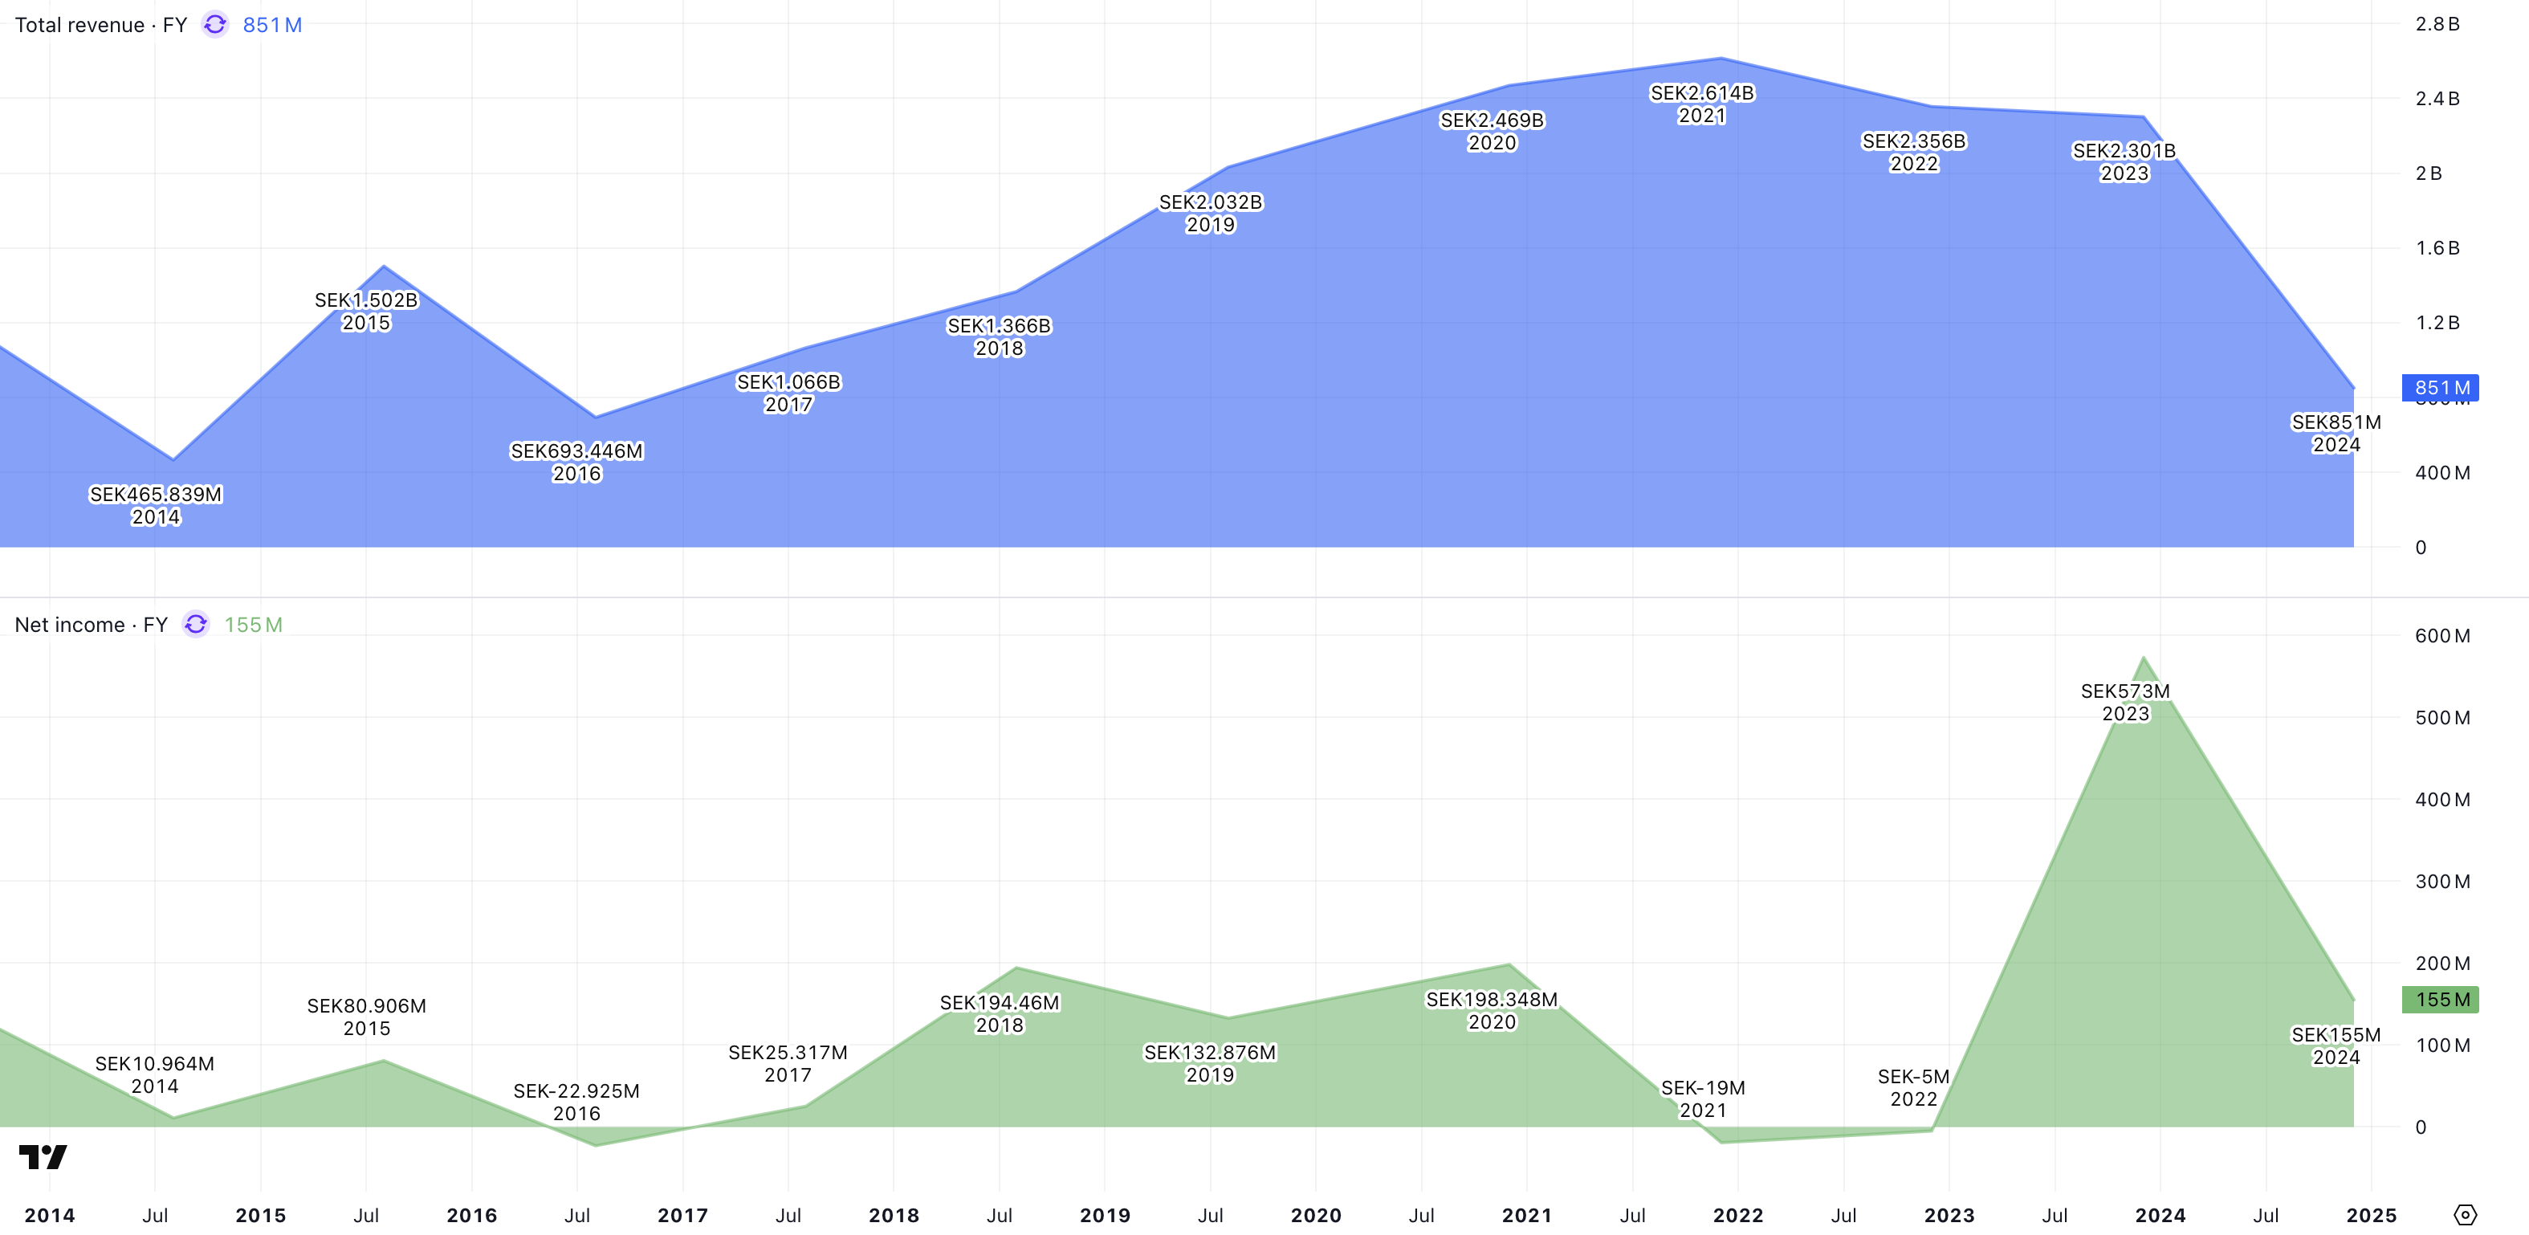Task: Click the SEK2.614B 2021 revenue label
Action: pyautogui.click(x=1701, y=104)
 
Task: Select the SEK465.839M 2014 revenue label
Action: pyautogui.click(x=155, y=506)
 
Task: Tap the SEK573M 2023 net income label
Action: pyautogui.click(x=2124, y=702)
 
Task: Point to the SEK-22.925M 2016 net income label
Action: pyautogui.click(x=576, y=1102)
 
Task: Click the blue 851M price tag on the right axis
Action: pyautogui.click(x=2441, y=388)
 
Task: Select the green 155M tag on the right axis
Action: pyautogui.click(x=2441, y=1000)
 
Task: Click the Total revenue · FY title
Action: pyautogui.click(x=100, y=25)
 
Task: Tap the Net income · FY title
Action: pyautogui.click(x=90, y=625)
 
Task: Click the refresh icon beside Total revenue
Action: pyautogui.click(x=215, y=25)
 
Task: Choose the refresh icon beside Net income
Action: pyautogui.click(x=197, y=625)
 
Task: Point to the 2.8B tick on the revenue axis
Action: pyautogui.click(x=2437, y=23)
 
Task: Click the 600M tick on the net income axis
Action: pyautogui.click(x=2441, y=635)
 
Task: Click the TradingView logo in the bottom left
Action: pyautogui.click(x=43, y=1156)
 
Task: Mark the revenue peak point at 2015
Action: pyautogui.click(x=384, y=266)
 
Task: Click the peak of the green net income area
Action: pyautogui.click(x=2143, y=658)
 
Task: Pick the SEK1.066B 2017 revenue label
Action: pyautogui.click(x=788, y=393)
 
